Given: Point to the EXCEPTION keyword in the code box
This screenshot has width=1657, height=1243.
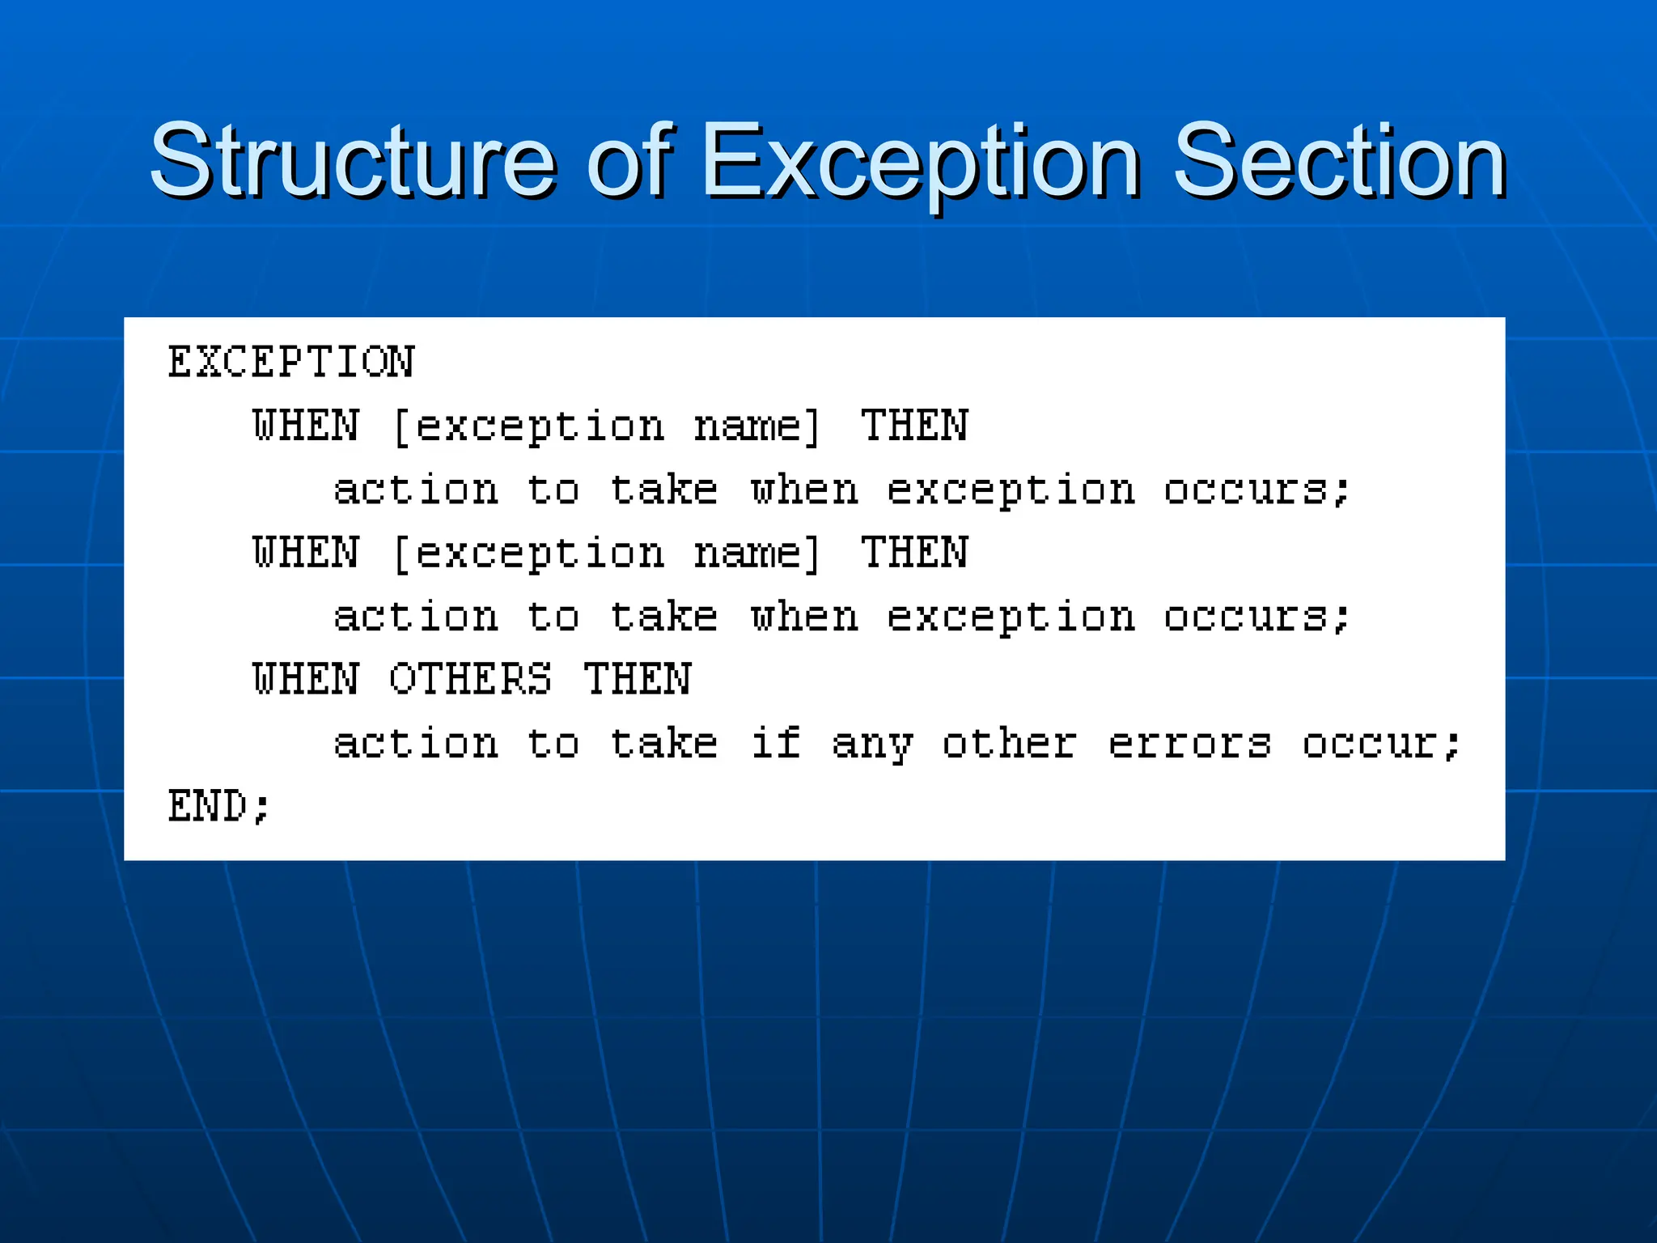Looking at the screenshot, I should [291, 362].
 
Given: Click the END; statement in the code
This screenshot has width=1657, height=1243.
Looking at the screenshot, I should [218, 807].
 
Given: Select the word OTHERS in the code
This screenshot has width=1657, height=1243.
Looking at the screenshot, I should [470, 679].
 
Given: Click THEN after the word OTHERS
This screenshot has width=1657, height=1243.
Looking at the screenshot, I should [638, 679].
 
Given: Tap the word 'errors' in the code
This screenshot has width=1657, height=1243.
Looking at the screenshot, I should [1189, 743].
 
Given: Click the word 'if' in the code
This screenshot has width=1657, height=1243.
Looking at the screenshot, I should [776, 743].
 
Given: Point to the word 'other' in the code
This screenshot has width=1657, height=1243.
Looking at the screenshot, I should [1009, 743].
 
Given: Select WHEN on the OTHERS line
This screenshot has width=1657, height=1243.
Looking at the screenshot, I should [305, 679].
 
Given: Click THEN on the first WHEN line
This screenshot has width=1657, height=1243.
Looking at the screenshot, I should [914, 426].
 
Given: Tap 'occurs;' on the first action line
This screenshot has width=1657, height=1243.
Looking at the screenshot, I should [1257, 490].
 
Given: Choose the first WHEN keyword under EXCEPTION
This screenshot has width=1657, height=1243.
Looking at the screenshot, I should [305, 426].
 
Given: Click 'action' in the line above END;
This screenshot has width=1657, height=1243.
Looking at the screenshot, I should [416, 743].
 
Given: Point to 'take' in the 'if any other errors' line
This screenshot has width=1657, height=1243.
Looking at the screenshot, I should [663, 743].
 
